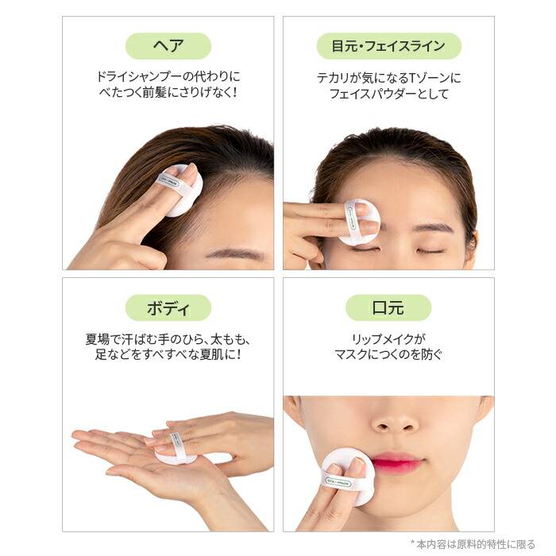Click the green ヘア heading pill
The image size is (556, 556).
tap(168, 46)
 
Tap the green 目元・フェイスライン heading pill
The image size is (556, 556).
tap(388, 46)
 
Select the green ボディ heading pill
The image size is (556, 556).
tap(168, 307)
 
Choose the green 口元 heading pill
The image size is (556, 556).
tap(388, 307)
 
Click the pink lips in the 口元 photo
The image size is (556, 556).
tap(396, 463)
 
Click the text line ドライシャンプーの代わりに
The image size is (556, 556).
tap(168, 78)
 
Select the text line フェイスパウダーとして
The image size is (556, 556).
tap(388, 95)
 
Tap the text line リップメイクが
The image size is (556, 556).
tap(388, 338)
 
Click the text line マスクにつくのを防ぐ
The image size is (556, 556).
tap(388, 355)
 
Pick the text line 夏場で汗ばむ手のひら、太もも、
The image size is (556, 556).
tap(168, 338)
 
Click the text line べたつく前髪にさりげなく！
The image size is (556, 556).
tap(168, 95)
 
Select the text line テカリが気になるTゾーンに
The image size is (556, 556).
tap(388, 78)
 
